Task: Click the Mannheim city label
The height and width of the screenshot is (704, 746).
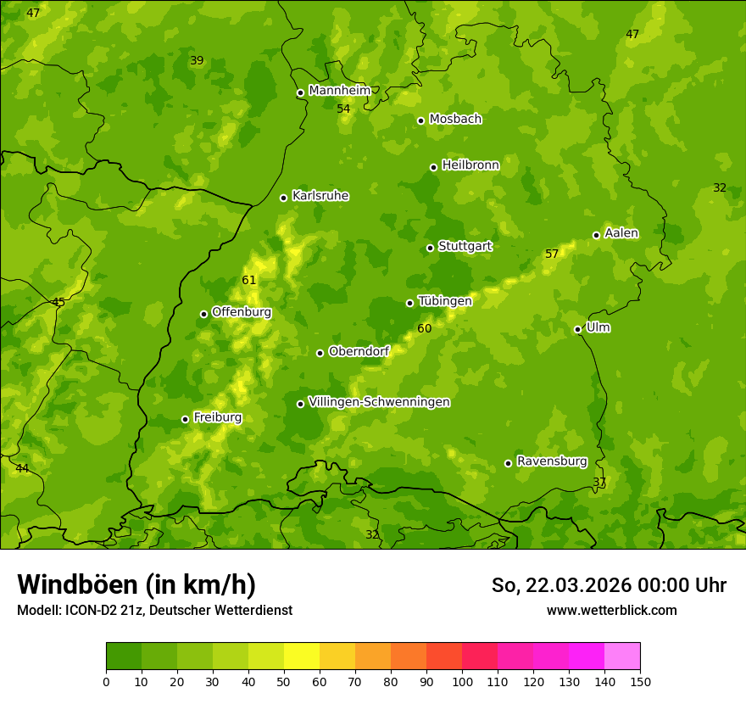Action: [340, 91]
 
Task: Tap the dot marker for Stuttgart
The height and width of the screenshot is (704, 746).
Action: [430, 248]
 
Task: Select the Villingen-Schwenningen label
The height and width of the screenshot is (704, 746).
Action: [379, 402]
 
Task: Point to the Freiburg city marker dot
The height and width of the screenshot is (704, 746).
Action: [185, 419]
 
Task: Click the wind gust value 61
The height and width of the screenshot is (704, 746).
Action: [248, 281]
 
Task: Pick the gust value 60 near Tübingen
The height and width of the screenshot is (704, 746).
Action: [425, 328]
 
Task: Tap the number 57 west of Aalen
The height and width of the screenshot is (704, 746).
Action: [552, 254]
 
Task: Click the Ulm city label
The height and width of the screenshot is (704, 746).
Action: [598, 327]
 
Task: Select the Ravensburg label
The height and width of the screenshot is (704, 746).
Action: [552, 461]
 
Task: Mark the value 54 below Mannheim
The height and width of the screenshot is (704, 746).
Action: [343, 109]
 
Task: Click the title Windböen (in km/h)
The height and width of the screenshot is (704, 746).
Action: [136, 584]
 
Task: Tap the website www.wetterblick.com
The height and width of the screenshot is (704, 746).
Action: [611, 610]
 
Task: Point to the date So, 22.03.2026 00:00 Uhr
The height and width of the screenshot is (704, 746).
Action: [609, 585]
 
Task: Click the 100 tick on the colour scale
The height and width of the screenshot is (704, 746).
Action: [462, 681]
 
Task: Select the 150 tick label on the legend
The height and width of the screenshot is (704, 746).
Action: [640, 681]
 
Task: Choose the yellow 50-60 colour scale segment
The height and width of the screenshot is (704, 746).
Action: [302, 657]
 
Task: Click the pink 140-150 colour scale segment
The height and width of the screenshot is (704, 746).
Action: [622, 657]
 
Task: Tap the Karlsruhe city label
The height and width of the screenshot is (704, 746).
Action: [320, 196]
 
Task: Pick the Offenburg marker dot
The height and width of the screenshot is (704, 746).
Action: [203, 314]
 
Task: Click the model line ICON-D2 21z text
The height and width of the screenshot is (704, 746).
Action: [154, 610]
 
